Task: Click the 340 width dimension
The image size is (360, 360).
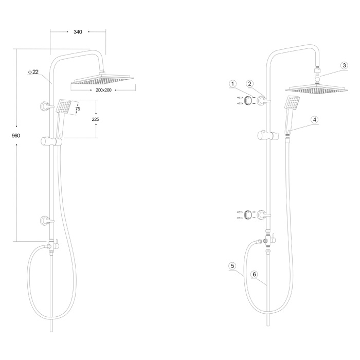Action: point(78,32)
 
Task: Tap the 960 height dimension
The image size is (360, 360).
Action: point(16,136)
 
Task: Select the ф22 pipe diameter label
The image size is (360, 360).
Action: point(33,72)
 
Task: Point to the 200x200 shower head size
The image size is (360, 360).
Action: point(103,90)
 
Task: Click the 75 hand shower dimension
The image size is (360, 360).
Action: point(78,109)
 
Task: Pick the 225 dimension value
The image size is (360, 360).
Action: point(96,119)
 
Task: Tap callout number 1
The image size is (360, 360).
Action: point(233,84)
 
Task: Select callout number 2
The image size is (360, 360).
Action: point(250,84)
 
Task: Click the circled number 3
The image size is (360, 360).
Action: point(344,66)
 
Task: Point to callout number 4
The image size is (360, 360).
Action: point(315,120)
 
